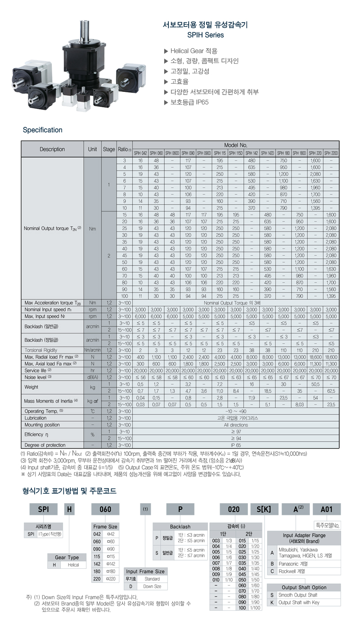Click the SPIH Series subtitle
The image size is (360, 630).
coord(205,35)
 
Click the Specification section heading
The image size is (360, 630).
coord(42,130)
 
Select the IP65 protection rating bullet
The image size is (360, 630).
coord(189,102)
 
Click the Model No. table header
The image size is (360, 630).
coord(236,145)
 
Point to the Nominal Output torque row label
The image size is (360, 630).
coord(52,228)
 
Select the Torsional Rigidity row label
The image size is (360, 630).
coord(41,350)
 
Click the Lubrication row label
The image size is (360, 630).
coord(36,418)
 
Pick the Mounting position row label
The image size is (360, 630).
coord(42,425)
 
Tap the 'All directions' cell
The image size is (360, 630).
coord(236,425)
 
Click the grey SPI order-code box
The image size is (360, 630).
coord(43,509)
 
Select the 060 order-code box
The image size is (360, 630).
coord(105,509)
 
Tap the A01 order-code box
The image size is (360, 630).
coord(326,509)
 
